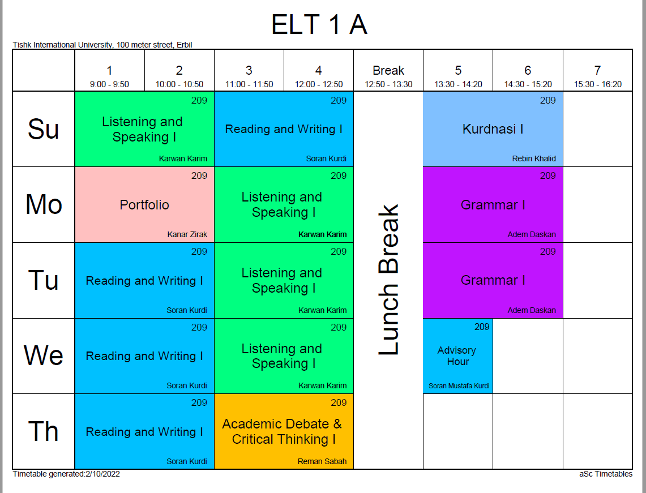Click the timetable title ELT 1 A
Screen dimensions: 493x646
pos(319,25)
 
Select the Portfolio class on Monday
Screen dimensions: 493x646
pos(144,205)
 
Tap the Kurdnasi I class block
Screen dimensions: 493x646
pos(493,129)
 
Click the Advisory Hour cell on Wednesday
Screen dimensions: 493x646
pos(457,356)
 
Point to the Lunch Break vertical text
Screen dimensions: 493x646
pos(388,280)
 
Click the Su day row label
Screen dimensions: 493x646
pos(44,130)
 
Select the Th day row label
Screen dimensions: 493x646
pos(44,431)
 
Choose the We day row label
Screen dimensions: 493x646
pos(44,355)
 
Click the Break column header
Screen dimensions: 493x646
pos(388,71)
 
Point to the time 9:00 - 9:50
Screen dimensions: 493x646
pos(109,84)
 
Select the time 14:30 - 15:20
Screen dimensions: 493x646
pos(528,84)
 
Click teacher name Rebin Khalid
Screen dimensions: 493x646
pos(534,159)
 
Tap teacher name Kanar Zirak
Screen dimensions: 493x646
pos(187,234)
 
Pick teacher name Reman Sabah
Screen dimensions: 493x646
pos(322,461)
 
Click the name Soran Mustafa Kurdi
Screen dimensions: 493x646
pos(459,386)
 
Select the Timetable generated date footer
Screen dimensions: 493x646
pos(66,474)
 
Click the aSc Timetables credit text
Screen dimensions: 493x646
pos(606,474)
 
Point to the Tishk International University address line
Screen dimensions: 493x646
pos(102,45)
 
